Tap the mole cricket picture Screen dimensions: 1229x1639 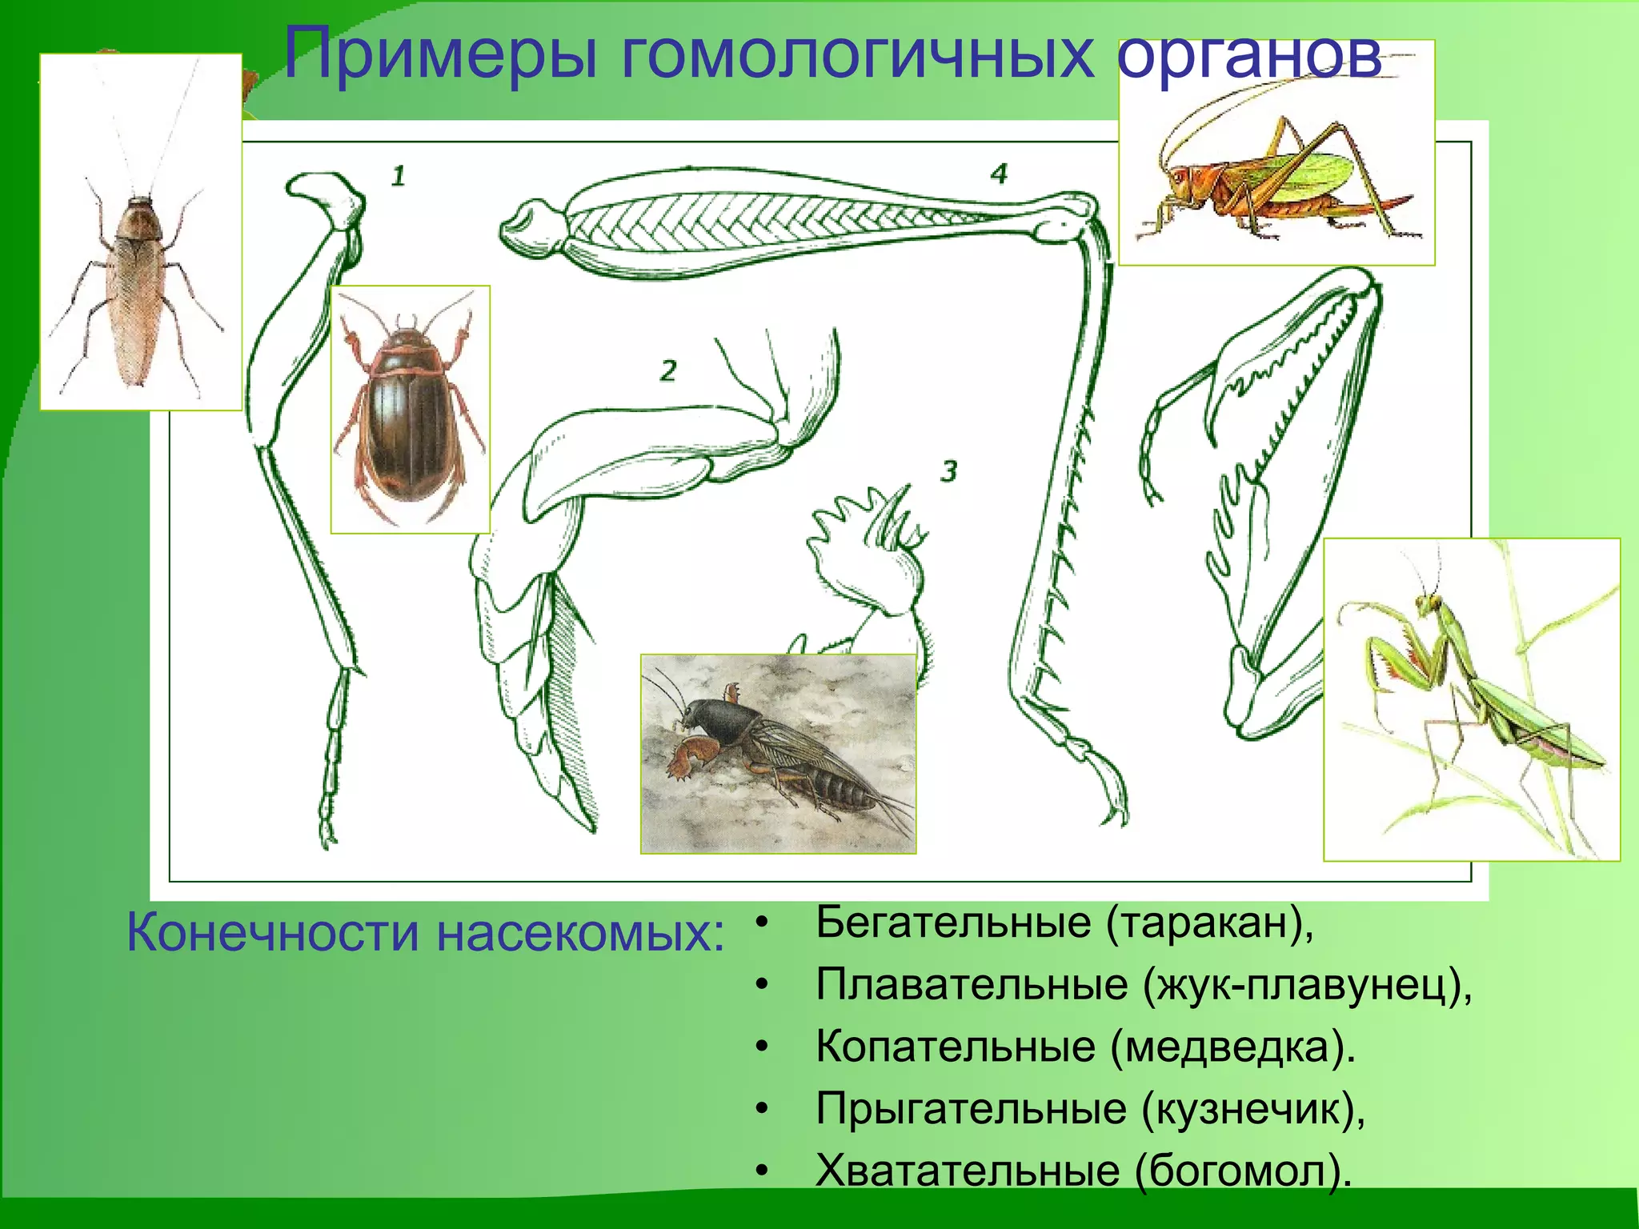778,754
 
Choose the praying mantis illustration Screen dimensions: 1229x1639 1471,699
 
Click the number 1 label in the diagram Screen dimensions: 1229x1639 398,175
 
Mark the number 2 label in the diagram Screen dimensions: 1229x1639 668,370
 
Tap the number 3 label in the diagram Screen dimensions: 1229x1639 948,470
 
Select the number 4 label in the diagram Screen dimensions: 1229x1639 998,174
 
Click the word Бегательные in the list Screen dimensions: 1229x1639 953,923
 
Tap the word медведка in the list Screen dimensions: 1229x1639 1233,1047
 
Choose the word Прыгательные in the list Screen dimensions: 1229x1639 972,1109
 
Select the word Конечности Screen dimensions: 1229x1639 272,933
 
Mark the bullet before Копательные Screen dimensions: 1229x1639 762,1047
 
